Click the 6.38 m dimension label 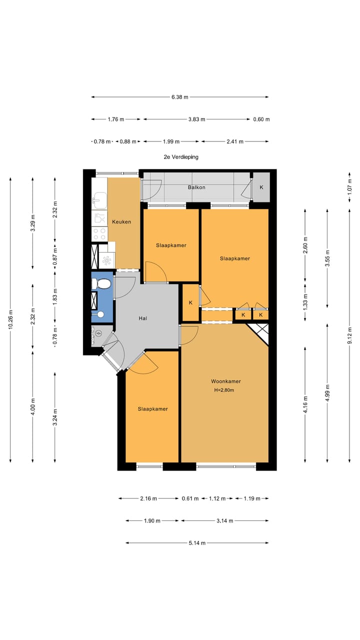point(179,97)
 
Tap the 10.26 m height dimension point(10,319)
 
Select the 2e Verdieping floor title point(181,157)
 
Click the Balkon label point(196,187)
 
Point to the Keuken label point(121,221)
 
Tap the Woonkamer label point(225,381)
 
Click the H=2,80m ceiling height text point(224,390)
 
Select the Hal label point(143,318)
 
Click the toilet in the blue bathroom point(101,284)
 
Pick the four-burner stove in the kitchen point(99,234)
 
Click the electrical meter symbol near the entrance point(98,333)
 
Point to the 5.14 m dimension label point(197,543)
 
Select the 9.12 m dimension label point(349,338)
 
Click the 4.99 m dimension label point(327,393)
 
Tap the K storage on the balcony point(261,187)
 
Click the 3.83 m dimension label point(196,119)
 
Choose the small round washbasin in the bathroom point(100,314)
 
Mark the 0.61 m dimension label point(190,498)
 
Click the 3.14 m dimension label point(225,521)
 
